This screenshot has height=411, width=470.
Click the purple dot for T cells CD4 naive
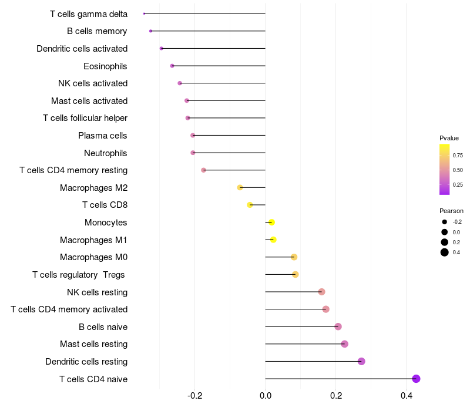(x=416, y=379)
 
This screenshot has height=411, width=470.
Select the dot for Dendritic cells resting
(x=361, y=361)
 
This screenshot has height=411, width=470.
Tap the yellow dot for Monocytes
(x=271, y=223)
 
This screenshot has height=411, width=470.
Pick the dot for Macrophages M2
(x=240, y=187)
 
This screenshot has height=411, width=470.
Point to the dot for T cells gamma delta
(x=144, y=14)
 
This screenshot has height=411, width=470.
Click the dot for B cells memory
(x=151, y=31)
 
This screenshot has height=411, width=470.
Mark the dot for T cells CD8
(x=250, y=205)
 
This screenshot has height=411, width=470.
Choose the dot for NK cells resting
(x=321, y=292)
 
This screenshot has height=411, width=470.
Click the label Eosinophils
(x=105, y=66)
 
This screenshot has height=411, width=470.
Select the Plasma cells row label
(x=102, y=136)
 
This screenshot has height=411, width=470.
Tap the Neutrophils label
(x=105, y=153)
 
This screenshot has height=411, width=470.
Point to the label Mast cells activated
(x=89, y=101)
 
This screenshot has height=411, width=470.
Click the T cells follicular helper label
(x=85, y=118)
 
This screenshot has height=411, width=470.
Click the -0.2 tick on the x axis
(x=195, y=396)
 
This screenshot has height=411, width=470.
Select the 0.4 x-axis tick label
(x=407, y=396)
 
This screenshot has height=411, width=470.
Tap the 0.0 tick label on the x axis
(x=266, y=396)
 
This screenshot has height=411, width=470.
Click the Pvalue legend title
(x=449, y=138)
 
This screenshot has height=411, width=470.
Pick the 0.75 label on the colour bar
(x=458, y=155)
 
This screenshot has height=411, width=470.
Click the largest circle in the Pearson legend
(x=445, y=252)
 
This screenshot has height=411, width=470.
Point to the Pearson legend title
(x=451, y=211)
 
